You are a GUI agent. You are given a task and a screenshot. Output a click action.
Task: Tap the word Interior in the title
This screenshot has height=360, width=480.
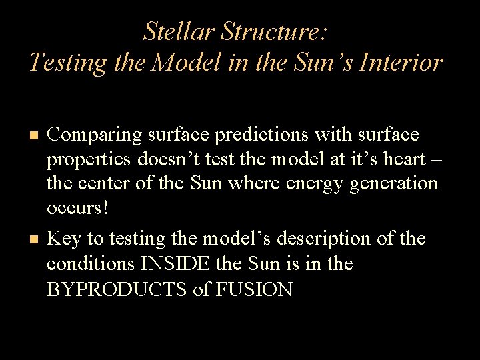(x=404, y=62)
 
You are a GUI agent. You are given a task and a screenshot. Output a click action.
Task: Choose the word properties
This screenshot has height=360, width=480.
(x=91, y=161)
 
